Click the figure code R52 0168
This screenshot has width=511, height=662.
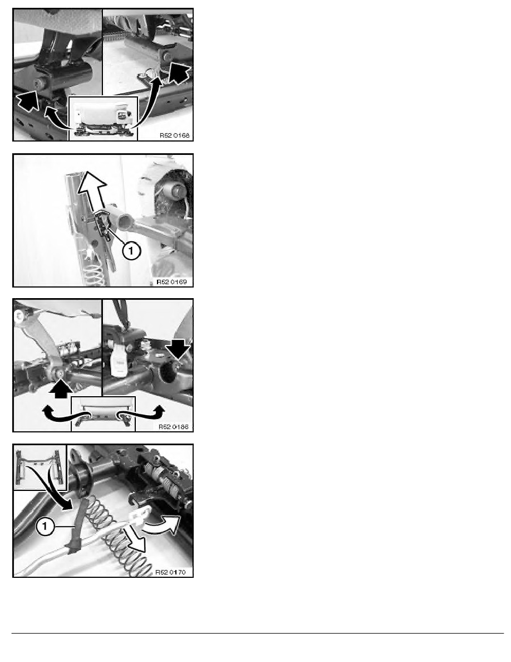(x=175, y=135)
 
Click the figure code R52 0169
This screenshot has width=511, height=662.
(x=171, y=281)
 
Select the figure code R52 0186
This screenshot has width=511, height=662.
(x=174, y=427)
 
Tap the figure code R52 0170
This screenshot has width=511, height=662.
(x=170, y=572)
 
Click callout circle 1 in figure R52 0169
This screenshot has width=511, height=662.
(x=131, y=251)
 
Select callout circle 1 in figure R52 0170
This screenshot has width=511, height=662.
(x=45, y=527)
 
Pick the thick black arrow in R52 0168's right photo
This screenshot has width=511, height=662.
(x=179, y=74)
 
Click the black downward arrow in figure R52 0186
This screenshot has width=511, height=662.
(x=178, y=348)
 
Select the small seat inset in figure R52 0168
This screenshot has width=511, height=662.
(x=103, y=118)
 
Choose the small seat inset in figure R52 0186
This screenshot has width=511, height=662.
(x=104, y=413)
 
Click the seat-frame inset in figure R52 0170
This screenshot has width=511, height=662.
(x=40, y=467)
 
